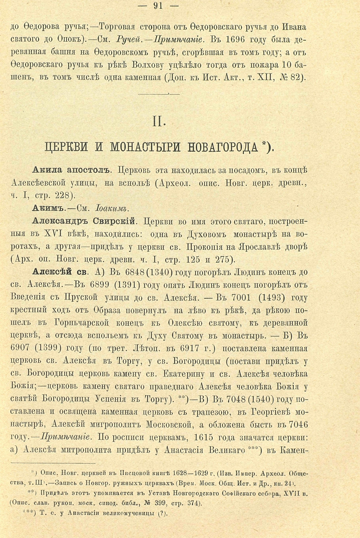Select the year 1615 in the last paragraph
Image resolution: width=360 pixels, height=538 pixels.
pos(207,438)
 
